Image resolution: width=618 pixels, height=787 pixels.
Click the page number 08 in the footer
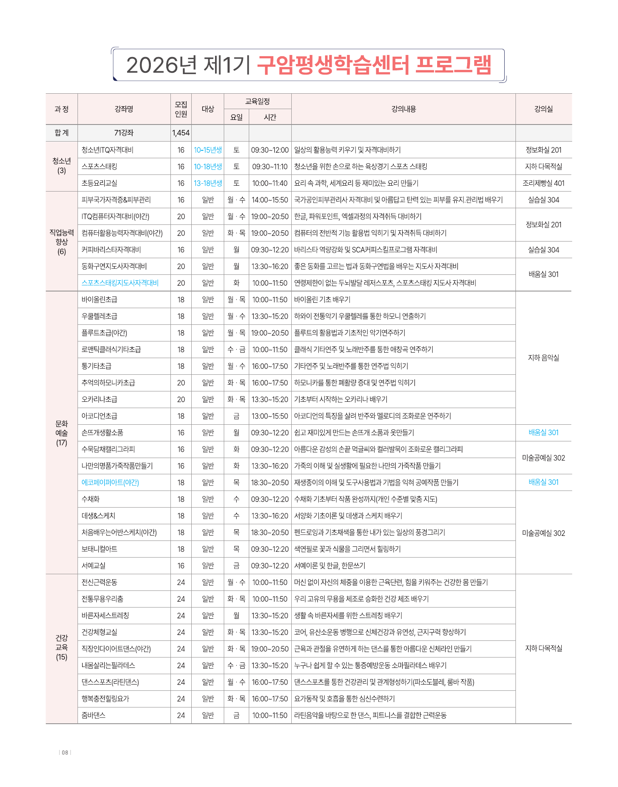65,752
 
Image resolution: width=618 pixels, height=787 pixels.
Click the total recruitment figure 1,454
181,133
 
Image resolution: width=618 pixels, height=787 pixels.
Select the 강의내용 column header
403,109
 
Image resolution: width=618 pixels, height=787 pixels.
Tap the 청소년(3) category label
62,166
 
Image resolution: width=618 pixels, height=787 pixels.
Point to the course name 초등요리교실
100,183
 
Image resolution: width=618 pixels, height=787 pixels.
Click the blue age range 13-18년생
208,183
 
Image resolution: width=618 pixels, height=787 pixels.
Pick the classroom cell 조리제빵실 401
543,183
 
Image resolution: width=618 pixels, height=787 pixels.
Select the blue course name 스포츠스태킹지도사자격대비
120,283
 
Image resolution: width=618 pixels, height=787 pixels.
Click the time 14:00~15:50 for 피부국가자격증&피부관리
270,200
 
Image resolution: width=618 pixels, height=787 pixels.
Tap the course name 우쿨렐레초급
100,316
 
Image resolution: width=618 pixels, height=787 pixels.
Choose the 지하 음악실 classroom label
543,358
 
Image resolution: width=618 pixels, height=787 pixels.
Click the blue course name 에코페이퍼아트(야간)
110,482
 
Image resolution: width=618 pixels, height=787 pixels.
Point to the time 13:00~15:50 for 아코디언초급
270,416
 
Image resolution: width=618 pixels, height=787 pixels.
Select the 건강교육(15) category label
62,648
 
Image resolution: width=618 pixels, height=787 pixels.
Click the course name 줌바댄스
94,715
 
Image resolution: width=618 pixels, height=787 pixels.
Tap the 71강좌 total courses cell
124,133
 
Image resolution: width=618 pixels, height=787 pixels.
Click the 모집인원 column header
181,109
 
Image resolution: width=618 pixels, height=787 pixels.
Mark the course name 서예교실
94,565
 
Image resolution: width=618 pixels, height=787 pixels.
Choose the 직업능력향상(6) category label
62,242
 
